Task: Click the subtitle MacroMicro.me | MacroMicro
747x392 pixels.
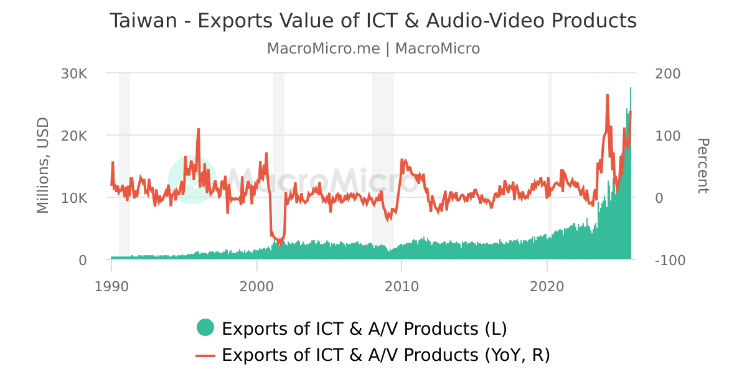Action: pyautogui.click(x=373, y=49)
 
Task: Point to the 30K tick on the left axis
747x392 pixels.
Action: pyautogui.click(x=74, y=73)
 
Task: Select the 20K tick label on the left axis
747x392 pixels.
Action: pyautogui.click(x=74, y=136)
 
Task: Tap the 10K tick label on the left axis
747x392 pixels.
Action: pyautogui.click(x=74, y=198)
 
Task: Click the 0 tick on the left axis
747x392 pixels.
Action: pyautogui.click(x=83, y=260)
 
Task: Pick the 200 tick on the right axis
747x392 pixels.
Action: pyautogui.click(x=668, y=73)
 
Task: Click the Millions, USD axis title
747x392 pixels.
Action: pyautogui.click(x=43, y=166)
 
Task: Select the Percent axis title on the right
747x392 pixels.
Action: pyautogui.click(x=702, y=166)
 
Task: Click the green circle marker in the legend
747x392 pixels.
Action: pyautogui.click(x=205, y=327)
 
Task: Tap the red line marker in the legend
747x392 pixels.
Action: pyautogui.click(x=205, y=355)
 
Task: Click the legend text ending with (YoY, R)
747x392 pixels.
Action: pyautogui.click(x=385, y=355)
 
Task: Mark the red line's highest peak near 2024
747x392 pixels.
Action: pyautogui.click(x=608, y=95)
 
